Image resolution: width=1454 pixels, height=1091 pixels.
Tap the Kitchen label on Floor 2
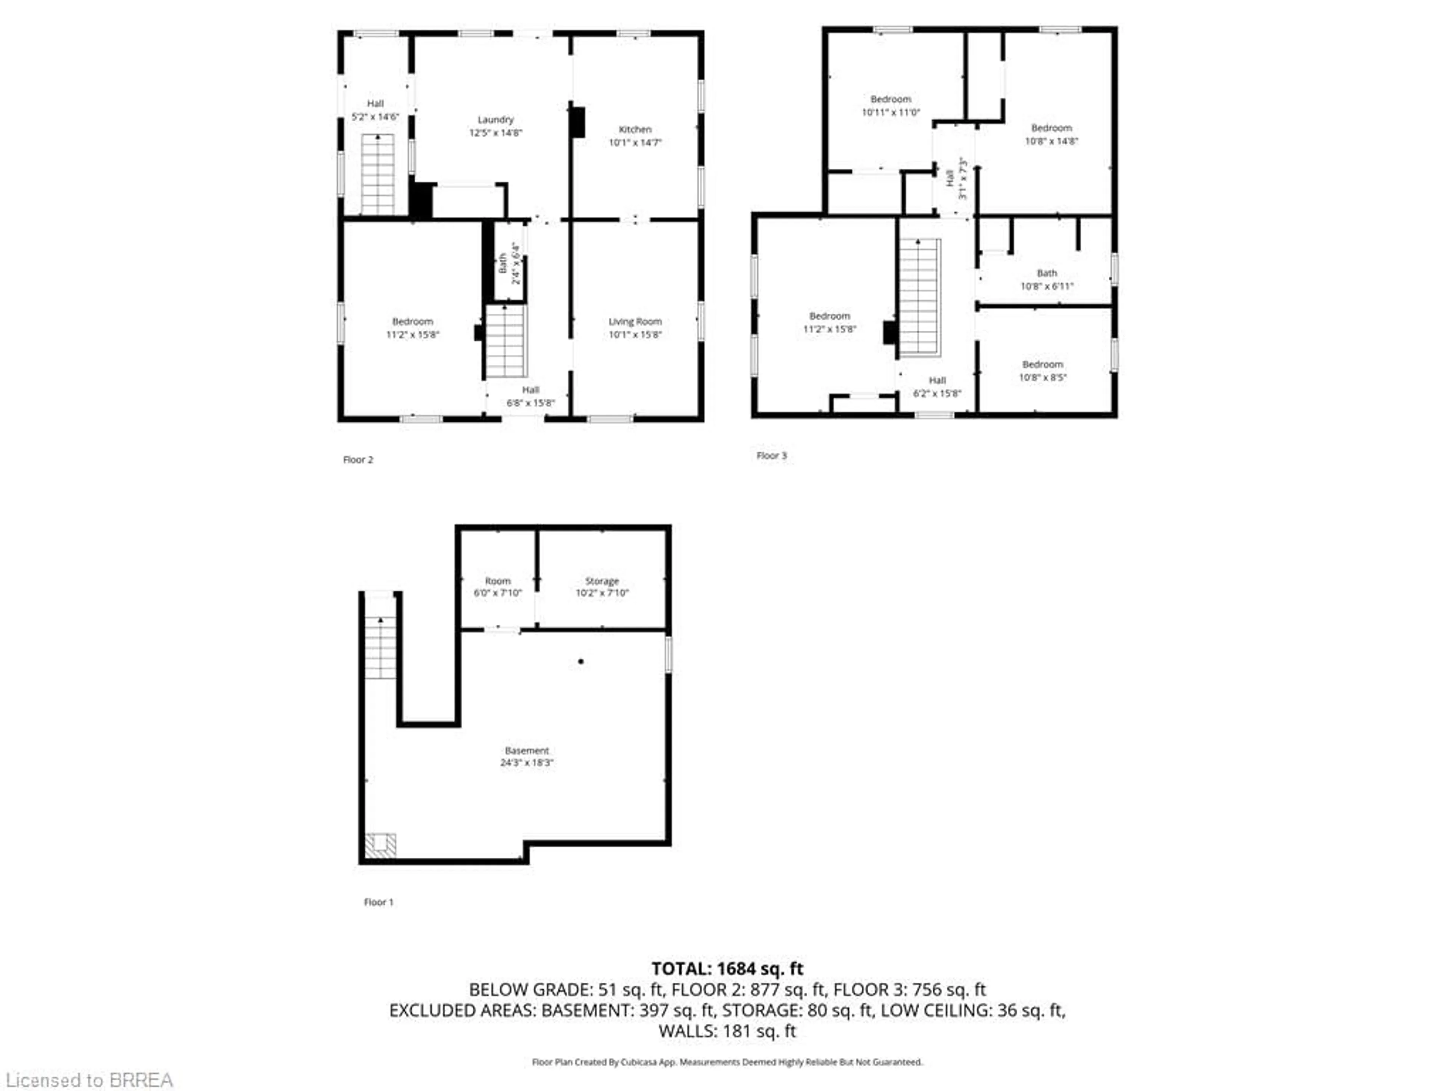pos(635,136)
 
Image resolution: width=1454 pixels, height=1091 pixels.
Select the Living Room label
pos(635,328)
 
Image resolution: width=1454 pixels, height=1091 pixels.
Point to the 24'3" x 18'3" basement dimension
pos(527,763)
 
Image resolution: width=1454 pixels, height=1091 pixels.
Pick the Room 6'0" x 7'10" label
pos(498,586)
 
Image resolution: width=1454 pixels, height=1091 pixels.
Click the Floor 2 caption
pos(358,460)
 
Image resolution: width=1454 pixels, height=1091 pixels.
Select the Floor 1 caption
pos(379,902)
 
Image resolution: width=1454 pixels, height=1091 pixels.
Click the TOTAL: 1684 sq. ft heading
pos(727,969)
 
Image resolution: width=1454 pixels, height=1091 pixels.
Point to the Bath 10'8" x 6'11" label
pos(1047,280)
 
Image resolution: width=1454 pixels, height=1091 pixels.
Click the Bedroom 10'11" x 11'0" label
pos(891,106)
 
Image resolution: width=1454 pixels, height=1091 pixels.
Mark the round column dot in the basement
pos(580,661)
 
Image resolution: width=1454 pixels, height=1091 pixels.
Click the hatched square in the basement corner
pos(380,846)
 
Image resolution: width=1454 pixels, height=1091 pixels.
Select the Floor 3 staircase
pos(920,297)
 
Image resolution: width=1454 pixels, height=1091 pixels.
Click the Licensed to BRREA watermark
pos(89,1080)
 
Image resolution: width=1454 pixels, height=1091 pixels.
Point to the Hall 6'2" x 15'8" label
pos(937,387)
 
